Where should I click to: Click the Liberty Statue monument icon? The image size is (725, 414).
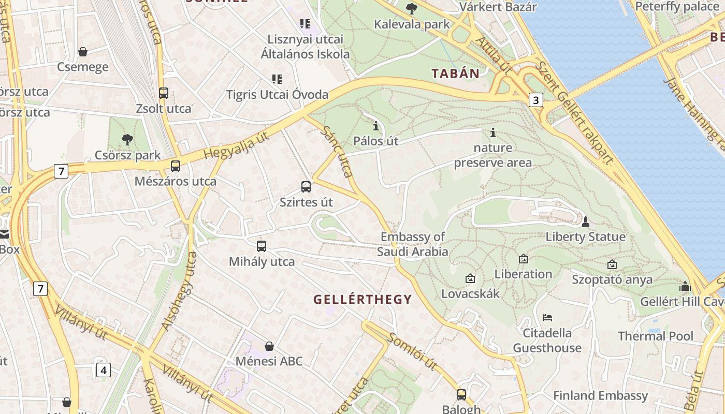pyautogui.click(x=586, y=222)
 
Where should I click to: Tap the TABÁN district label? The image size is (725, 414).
pyautogui.click(x=456, y=73)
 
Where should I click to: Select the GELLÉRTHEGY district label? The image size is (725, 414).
pyautogui.click(x=363, y=299)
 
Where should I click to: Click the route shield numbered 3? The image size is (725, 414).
pyautogui.click(x=536, y=100)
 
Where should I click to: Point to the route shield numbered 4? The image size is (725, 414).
pyautogui.click(x=104, y=370)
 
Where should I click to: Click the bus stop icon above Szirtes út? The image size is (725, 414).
pyautogui.click(x=306, y=187)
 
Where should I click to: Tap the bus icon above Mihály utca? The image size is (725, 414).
pyautogui.click(x=262, y=246)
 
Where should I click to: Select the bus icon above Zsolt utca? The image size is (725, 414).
pyautogui.click(x=164, y=93)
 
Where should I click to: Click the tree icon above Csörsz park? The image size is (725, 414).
pyautogui.click(x=127, y=139)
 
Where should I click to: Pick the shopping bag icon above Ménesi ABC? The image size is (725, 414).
pyautogui.click(x=269, y=346)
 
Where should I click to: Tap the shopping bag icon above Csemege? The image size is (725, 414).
pyautogui.click(x=82, y=51)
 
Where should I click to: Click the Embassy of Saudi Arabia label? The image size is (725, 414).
pyautogui.click(x=413, y=244)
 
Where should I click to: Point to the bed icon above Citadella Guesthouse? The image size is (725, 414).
pyautogui.click(x=547, y=317)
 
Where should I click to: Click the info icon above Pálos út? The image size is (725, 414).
pyautogui.click(x=376, y=126)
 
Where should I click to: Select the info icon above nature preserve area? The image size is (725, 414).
pyautogui.click(x=492, y=133)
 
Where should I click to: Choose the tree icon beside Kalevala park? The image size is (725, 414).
pyautogui.click(x=412, y=9)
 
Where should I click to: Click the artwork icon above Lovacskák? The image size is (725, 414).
pyautogui.click(x=470, y=278)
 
